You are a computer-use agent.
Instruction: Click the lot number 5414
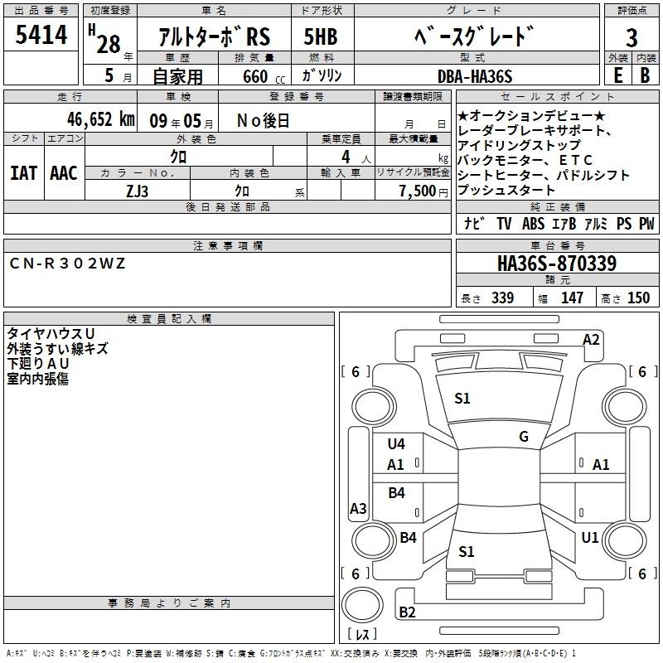tap(41, 34)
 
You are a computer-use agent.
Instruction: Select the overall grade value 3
tap(632, 37)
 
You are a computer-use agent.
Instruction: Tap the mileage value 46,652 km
tap(101, 119)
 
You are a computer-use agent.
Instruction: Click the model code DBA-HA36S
tap(475, 76)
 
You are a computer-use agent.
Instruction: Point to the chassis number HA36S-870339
tap(557, 264)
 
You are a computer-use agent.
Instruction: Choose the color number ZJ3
tap(137, 191)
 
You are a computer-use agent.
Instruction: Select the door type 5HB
tap(321, 36)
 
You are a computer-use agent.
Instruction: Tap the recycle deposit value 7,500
tap(418, 191)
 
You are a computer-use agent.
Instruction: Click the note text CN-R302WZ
tap(67, 264)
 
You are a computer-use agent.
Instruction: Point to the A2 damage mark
tap(591, 340)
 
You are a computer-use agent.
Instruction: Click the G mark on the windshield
tap(524, 437)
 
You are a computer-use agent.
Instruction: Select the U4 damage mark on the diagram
tap(396, 444)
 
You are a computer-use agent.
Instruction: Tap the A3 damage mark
tap(358, 508)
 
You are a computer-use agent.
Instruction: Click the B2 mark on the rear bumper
tap(407, 612)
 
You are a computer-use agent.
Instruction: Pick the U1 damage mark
tap(590, 538)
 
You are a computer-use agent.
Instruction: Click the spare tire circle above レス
tap(362, 604)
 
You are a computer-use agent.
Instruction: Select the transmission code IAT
tap(23, 173)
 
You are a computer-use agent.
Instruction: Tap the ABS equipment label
tap(533, 224)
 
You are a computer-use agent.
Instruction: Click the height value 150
tap(638, 298)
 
